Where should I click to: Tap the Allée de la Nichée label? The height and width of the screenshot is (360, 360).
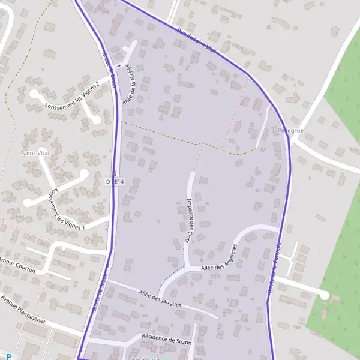point(127,86)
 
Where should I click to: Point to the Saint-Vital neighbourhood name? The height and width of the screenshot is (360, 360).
point(34,153)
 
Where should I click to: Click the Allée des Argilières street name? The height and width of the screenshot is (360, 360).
point(220,258)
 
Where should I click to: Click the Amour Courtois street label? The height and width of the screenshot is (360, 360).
point(19,266)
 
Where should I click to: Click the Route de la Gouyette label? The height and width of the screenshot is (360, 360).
point(274,267)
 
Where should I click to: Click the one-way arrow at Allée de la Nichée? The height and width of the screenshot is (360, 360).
point(119,65)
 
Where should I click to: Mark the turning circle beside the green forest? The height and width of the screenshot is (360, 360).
point(325,295)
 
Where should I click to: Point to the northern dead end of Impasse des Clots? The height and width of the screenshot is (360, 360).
point(192,175)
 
